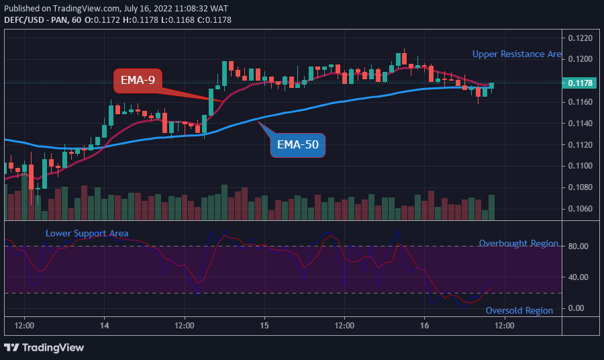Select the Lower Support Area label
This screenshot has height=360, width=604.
coord(87,233)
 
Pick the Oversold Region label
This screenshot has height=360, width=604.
coord(519,310)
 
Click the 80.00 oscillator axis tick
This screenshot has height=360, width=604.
coord(578,246)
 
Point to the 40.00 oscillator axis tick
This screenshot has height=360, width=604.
coord(578,277)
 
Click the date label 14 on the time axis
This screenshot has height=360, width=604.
coord(104,325)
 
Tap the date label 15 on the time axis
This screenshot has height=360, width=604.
coord(264,325)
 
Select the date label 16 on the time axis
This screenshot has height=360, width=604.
coord(424,325)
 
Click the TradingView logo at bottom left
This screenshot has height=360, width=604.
coord(44,347)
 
